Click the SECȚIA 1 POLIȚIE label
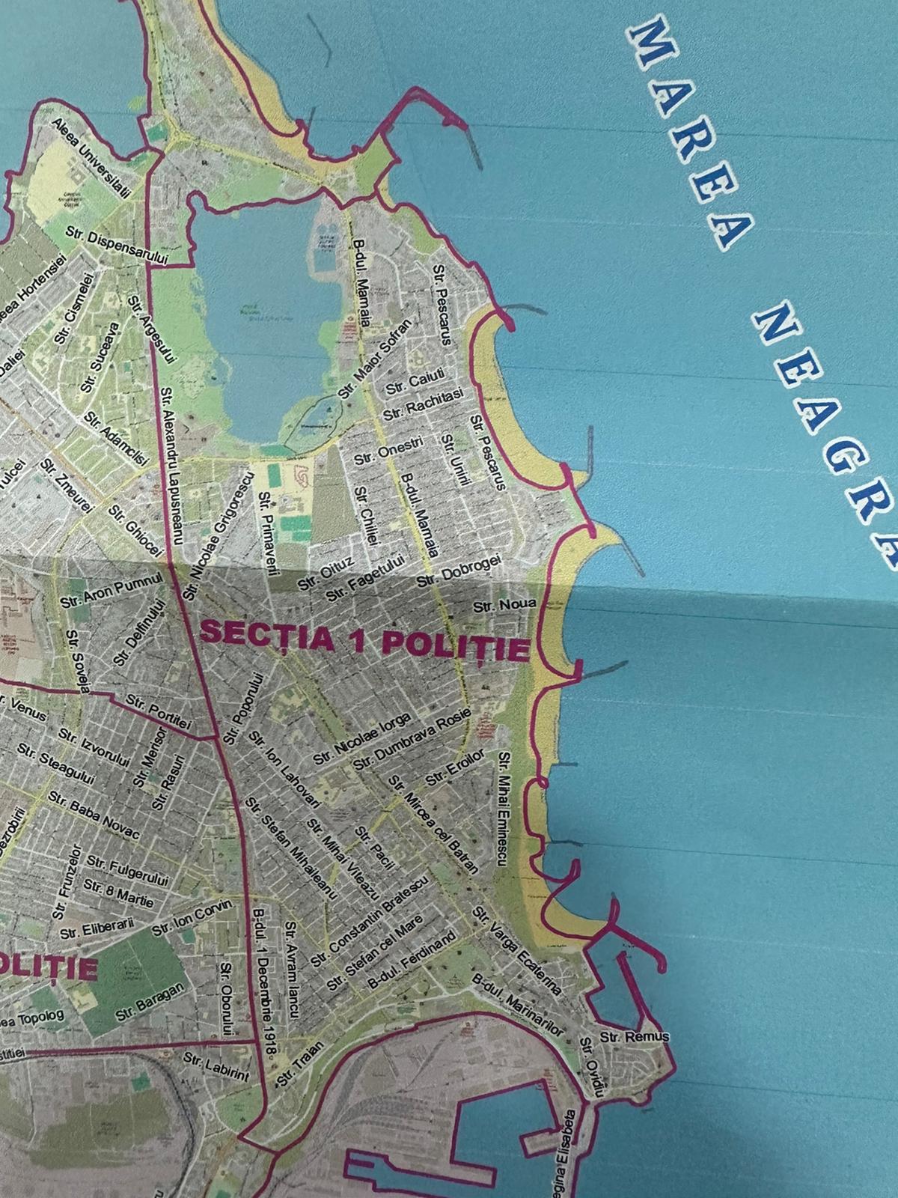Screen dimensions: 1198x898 [x=364, y=639]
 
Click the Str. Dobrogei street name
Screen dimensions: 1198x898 [x=457, y=569]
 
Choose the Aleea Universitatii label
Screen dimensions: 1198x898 [x=92, y=155]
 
